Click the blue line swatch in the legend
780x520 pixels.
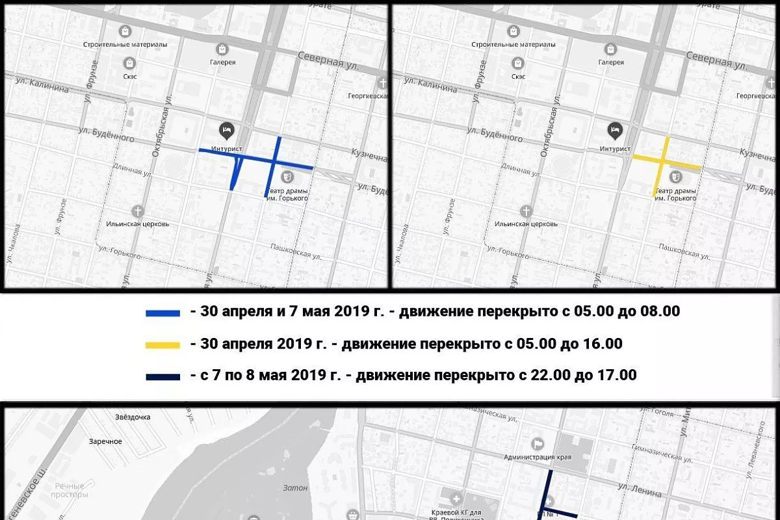tap(162, 313)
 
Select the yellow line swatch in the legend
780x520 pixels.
tap(162, 344)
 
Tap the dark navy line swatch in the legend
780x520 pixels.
tap(162, 376)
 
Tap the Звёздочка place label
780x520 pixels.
tap(132, 417)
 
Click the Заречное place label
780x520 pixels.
tap(105, 441)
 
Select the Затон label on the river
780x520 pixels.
tap(295, 487)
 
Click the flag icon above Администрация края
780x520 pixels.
tap(538, 444)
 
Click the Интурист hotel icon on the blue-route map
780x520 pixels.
tap(226, 129)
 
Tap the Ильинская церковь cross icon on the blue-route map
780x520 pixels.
tap(138, 211)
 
